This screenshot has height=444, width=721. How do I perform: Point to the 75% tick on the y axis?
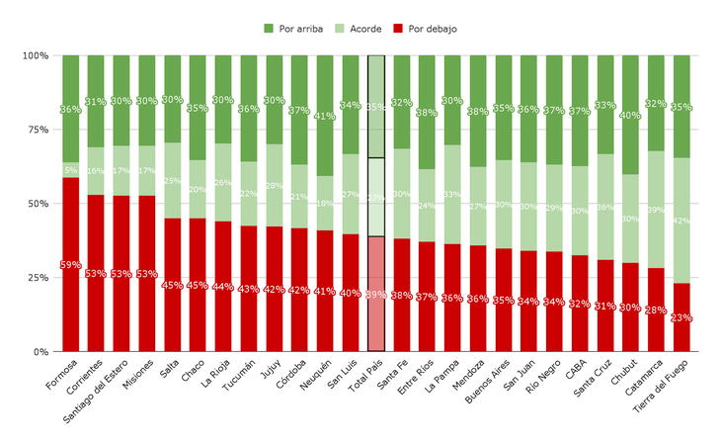[36, 130]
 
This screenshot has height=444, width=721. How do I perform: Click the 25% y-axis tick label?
[36, 278]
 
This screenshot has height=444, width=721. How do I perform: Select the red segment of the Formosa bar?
[70, 297]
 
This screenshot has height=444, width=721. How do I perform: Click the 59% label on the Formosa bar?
[70, 265]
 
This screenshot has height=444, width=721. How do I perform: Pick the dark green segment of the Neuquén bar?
[325, 89]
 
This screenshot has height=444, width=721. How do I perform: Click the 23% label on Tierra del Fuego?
[681, 317]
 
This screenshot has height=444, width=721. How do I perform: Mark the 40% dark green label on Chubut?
[630, 116]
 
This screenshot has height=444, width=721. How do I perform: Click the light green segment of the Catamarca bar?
[656, 209]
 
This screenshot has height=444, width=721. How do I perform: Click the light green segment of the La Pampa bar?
[452, 194]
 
